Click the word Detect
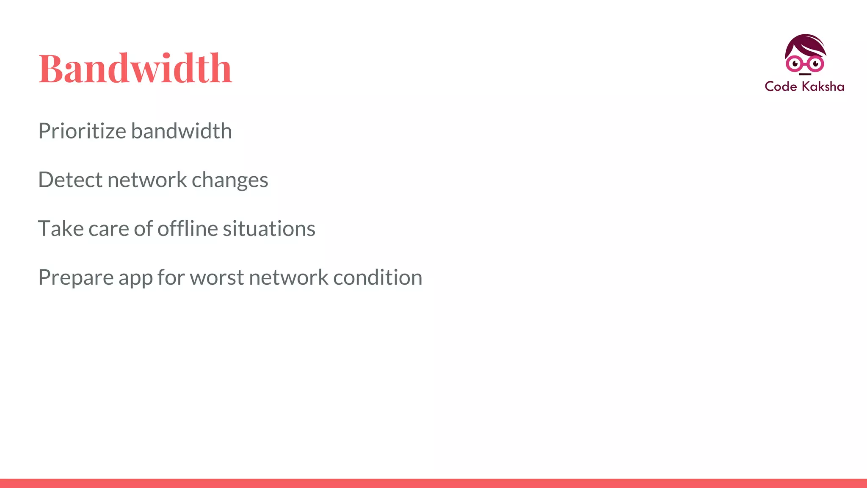(x=70, y=180)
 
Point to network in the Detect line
(x=147, y=180)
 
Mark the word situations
(x=269, y=229)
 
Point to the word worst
(x=217, y=278)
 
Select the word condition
(x=378, y=277)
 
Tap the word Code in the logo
(x=781, y=86)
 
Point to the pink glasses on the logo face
(x=804, y=64)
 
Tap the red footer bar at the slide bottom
(x=433, y=483)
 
